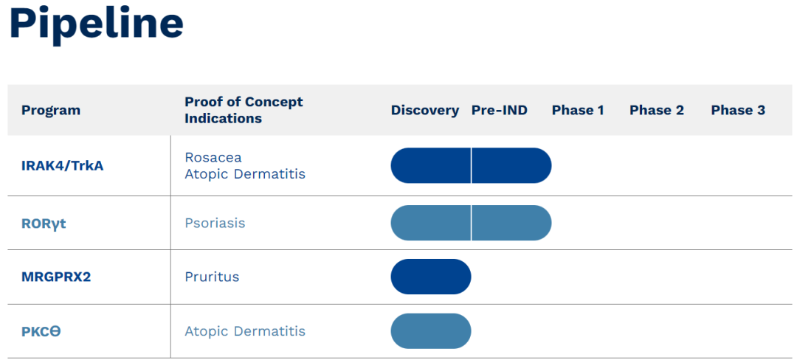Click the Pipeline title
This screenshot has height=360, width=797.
pos(96,24)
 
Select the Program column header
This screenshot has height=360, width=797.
pos(51,110)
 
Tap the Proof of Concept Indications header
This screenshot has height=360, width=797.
pos(244,110)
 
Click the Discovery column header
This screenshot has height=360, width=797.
pos(425,110)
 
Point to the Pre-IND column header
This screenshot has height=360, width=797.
pos(500,110)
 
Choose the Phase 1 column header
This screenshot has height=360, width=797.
pos(578,110)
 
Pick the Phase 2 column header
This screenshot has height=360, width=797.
pos(657,110)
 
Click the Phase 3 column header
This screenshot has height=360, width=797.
pos(738,110)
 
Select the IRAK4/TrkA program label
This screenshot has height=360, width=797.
pos(63,166)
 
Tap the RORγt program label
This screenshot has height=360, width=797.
pos(44,224)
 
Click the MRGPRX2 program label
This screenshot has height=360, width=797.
pos(56,277)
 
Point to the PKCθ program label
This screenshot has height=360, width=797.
pos(41,332)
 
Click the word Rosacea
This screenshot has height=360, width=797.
pos(213,157)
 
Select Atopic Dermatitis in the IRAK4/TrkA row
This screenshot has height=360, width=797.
pos(245,174)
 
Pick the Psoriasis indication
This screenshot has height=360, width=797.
pos(215,224)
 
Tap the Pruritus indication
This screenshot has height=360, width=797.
pos(212,277)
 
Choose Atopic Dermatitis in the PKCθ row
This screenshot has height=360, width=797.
pos(245,331)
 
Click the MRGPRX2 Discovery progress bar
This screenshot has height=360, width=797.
pos(431,277)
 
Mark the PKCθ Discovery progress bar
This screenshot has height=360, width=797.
pos(431,331)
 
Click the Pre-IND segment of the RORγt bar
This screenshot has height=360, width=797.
pos(511,223)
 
